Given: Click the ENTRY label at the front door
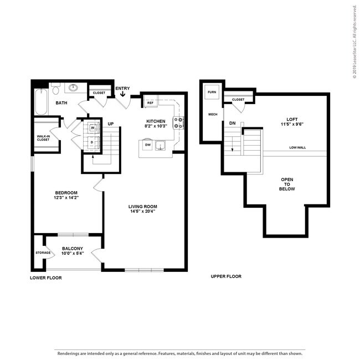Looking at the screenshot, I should [x=122, y=88].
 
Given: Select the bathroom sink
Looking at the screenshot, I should [x=73, y=88].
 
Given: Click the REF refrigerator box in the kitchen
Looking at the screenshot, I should [x=150, y=103].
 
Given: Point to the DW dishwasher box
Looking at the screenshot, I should [x=148, y=145].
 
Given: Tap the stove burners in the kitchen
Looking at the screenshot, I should [x=178, y=123].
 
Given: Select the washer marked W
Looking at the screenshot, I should [x=92, y=128].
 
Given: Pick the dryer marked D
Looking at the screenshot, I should [x=92, y=142].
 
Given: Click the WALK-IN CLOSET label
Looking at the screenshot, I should [x=43, y=137].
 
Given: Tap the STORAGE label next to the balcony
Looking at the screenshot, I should [x=43, y=253].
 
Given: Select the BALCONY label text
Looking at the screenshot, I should [x=72, y=249].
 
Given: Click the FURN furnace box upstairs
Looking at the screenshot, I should [x=212, y=92].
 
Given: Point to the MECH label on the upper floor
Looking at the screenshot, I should [x=212, y=115].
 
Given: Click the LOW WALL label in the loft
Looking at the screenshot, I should [x=297, y=148].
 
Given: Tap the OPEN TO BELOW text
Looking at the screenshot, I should [x=287, y=184].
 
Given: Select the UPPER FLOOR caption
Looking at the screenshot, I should [x=226, y=276].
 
